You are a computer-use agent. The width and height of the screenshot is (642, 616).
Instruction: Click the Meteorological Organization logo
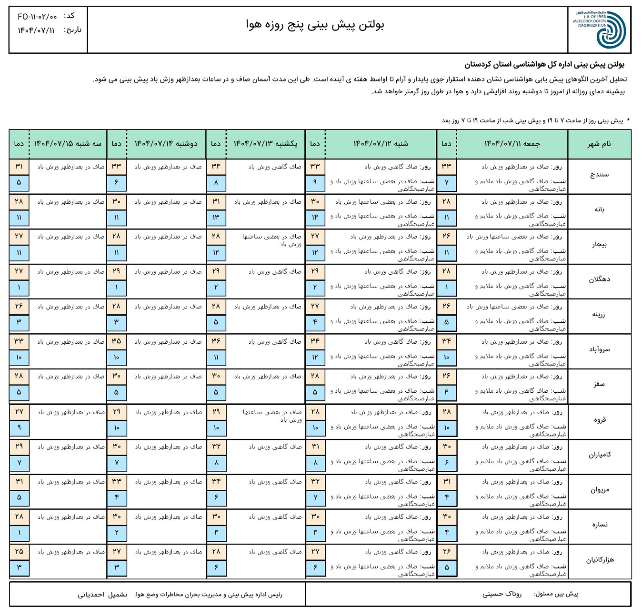[x=600, y=30]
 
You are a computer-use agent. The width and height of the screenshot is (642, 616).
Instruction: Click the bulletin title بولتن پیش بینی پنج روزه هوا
[x=315, y=25]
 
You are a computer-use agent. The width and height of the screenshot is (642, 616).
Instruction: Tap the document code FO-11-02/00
[x=37, y=17]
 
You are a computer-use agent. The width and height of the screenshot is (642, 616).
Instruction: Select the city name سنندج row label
[x=599, y=175]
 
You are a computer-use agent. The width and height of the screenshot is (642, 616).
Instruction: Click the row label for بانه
[x=599, y=209]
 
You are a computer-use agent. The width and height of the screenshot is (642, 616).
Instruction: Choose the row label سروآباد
[x=599, y=349]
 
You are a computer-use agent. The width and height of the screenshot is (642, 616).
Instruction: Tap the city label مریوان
[x=599, y=490]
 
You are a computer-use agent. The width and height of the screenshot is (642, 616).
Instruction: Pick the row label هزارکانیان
[x=599, y=560]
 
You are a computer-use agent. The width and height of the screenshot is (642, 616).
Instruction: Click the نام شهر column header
[x=599, y=144]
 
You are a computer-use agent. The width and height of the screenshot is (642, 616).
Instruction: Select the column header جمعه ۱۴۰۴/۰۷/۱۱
[x=512, y=144]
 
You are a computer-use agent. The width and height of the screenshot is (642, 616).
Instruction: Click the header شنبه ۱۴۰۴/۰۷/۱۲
[x=380, y=144]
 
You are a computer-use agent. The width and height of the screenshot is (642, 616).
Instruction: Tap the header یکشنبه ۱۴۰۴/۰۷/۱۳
[x=265, y=144]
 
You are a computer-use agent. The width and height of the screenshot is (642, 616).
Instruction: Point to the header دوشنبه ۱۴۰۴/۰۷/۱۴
[x=166, y=144]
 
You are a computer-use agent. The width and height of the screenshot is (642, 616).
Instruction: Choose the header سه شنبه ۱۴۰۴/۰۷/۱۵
[x=68, y=144]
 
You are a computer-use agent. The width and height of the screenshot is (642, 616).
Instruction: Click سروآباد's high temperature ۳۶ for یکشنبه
[x=216, y=341]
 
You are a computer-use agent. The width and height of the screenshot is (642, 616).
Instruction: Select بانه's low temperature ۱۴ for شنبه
[x=315, y=218]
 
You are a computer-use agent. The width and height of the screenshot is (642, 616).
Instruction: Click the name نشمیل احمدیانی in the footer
[x=103, y=595]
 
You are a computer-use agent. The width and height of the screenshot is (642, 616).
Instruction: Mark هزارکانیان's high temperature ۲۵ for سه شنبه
[x=19, y=552]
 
